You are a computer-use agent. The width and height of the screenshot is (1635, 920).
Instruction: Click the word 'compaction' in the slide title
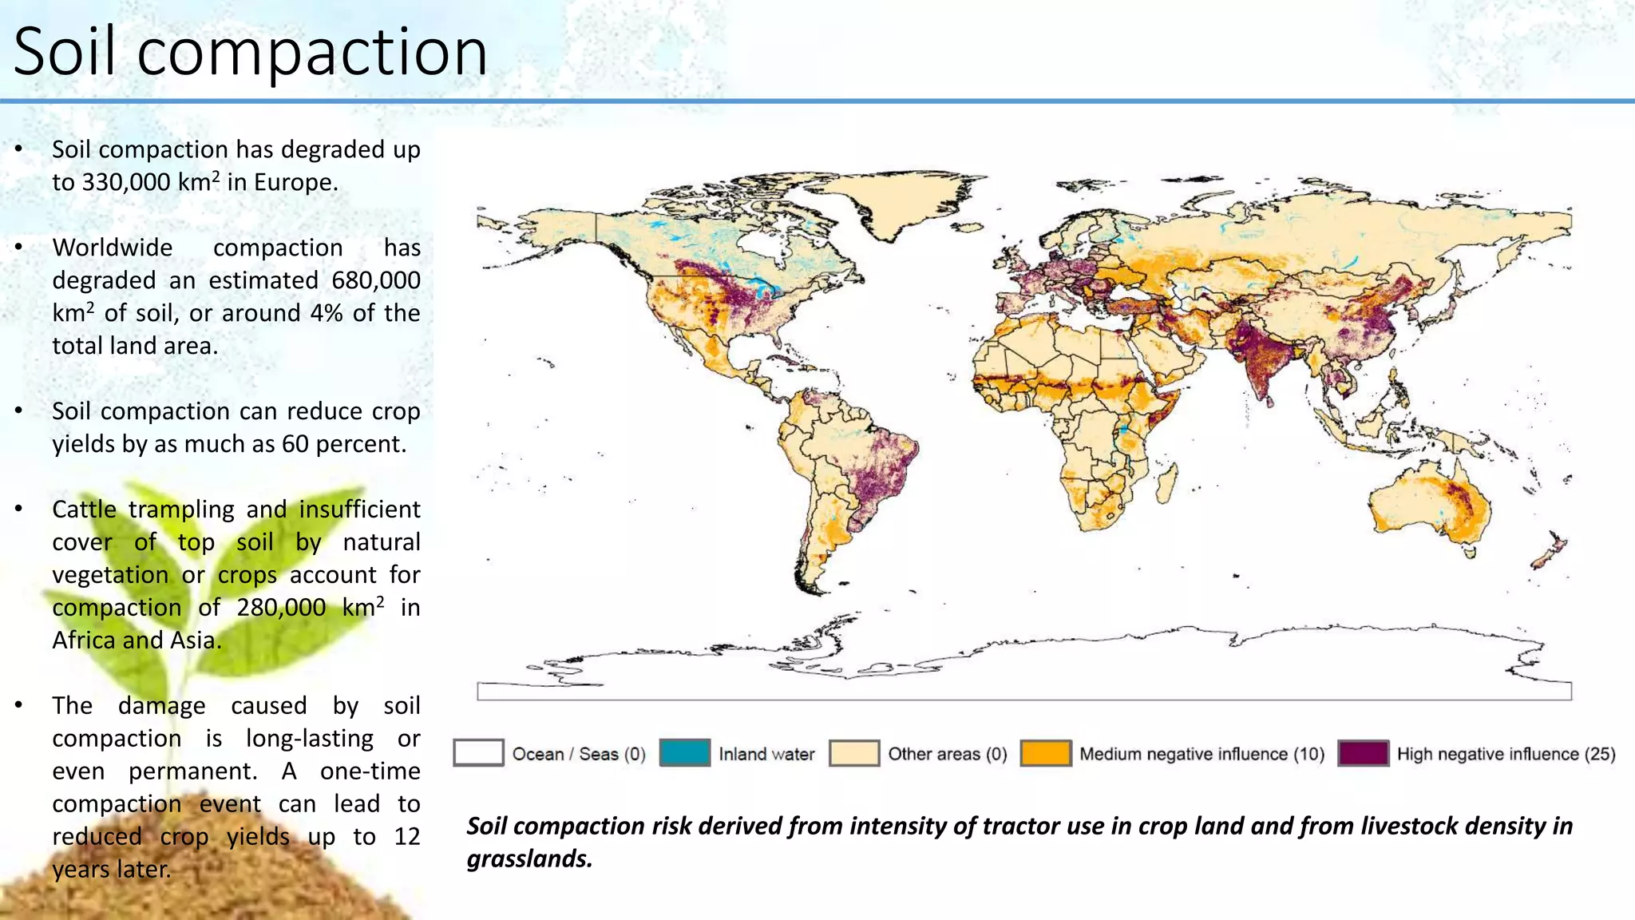click(x=311, y=53)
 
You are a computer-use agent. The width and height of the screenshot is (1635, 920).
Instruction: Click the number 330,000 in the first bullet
click(x=126, y=183)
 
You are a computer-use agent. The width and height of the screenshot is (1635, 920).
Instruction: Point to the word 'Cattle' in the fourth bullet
click(x=84, y=510)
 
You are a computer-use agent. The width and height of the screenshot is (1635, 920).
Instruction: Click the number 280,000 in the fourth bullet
click(x=281, y=609)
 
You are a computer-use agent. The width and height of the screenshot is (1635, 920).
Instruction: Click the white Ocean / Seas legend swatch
click(x=478, y=753)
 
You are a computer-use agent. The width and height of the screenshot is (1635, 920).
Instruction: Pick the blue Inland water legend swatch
click(x=685, y=753)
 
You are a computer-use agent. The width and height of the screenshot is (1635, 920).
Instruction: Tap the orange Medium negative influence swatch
click(x=1046, y=753)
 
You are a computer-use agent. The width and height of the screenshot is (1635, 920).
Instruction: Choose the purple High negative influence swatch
click(x=1363, y=753)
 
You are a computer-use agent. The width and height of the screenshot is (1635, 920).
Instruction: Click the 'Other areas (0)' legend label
click(x=948, y=754)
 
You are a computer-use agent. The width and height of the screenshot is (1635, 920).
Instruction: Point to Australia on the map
click(x=1429, y=503)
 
